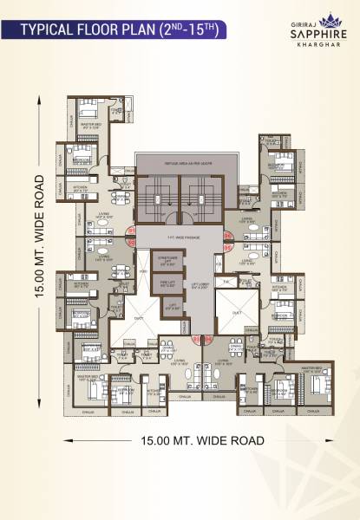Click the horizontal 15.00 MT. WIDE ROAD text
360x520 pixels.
pos(202,441)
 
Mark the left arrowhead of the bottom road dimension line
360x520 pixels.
pos(65,441)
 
